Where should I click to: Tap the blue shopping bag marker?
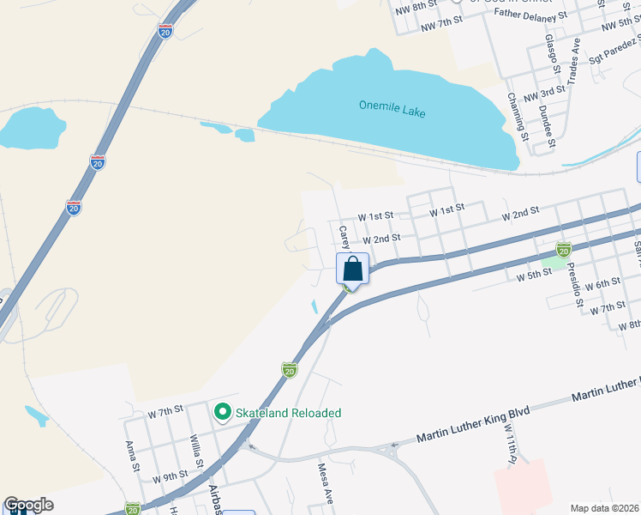352,269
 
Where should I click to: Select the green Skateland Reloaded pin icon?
223,413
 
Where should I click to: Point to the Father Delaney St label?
531,15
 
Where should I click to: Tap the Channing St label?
516,113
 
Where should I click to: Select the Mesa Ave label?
326,484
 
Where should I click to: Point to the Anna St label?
133,457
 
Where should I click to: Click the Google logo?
28,505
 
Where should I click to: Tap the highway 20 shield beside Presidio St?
563,250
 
